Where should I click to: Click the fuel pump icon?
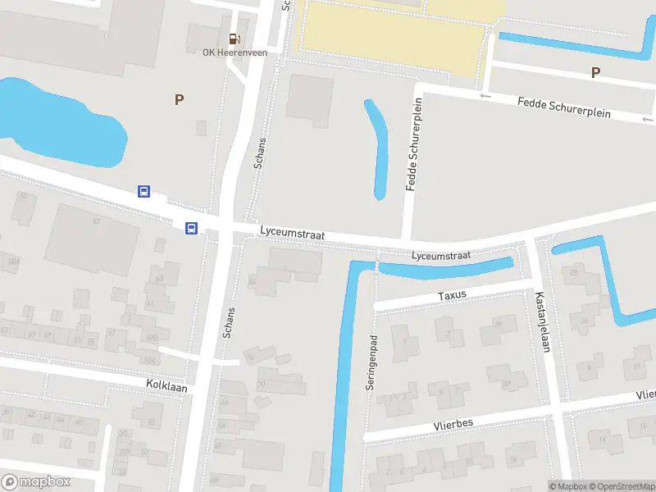pyautogui.click(x=235, y=39)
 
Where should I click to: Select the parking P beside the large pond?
pyautogui.click(x=179, y=99)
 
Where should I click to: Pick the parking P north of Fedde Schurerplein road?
pyautogui.click(x=595, y=72)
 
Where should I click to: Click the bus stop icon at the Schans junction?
pyautogui.click(x=192, y=229)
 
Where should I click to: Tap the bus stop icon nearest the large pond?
pyautogui.click(x=143, y=191)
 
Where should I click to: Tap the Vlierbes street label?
pyautogui.click(x=453, y=424)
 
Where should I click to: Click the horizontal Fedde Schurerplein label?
pyautogui.click(x=564, y=107)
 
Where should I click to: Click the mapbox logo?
pyautogui.click(x=36, y=482)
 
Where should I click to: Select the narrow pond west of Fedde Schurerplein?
pyautogui.click(x=377, y=148)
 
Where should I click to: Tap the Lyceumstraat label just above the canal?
pyautogui.click(x=441, y=256)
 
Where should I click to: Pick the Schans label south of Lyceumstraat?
pyautogui.click(x=230, y=323)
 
